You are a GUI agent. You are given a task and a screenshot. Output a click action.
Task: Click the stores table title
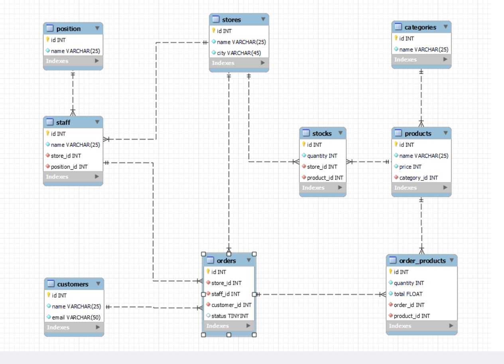pyautogui.click(x=231, y=19)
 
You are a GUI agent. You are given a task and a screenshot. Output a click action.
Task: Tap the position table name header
pyautogui.click(x=69, y=29)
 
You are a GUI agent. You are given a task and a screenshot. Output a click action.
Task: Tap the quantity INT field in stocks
pyautogui.click(x=320, y=156)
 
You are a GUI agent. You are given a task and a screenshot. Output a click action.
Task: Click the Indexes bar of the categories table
pyautogui.click(x=421, y=59)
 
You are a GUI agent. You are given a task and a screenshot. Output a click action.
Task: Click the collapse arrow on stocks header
pyautogui.click(x=340, y=133)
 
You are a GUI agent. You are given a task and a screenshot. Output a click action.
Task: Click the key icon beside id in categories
pyautogui.click(x=396, y=38)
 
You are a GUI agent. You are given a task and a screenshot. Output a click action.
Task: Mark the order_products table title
pyautogui.click(x=422, y=261)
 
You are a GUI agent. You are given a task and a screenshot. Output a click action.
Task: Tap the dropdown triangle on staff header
pyautogui.click(x=97, y=122)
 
